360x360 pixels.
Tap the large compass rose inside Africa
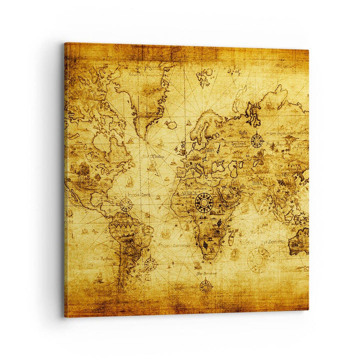204,202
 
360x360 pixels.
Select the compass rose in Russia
257,140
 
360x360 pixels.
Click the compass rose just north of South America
125,205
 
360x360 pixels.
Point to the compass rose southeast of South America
150,263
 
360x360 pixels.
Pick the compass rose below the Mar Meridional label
205,286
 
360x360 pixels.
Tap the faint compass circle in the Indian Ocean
258,259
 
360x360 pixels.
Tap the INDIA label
257,183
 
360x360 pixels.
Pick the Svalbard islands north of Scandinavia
204,77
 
